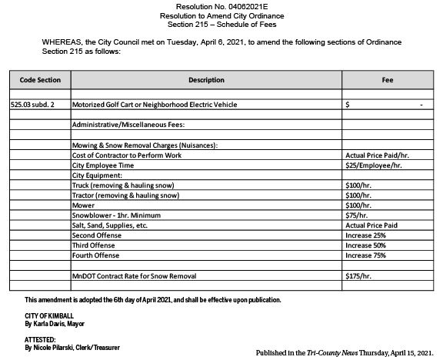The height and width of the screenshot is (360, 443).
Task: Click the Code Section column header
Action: coord(39,80)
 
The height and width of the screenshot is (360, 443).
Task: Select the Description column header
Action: coord(206,80)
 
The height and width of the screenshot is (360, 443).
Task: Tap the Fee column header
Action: coord(388,80)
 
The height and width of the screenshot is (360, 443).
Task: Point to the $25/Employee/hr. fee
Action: coord(374,165)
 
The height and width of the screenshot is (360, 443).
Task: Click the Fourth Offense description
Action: coord(96,255)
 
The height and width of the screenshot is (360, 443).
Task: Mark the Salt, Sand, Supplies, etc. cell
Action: coord(109,225)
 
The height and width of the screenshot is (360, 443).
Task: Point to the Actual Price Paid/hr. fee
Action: coord(377,155)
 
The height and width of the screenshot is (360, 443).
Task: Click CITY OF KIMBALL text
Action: coord(49,316)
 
